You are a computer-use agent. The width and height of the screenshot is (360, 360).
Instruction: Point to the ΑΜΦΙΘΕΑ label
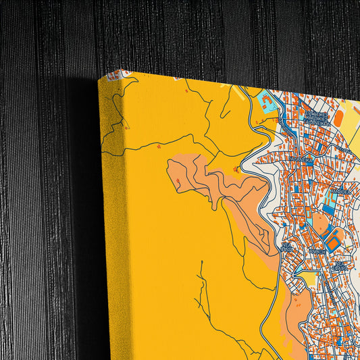click(338, 192)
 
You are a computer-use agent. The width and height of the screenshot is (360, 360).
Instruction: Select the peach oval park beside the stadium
click(319, 224)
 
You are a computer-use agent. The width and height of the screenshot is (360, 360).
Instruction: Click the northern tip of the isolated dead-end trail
click(201, 261)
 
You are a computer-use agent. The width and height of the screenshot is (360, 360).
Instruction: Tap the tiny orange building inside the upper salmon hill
click(236, 169)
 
